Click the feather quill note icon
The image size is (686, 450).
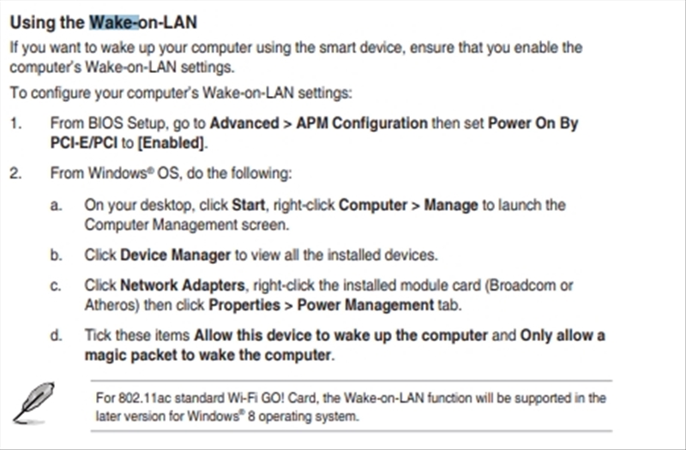[x=33, y=403]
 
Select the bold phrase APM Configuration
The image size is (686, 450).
[x=362, y=123]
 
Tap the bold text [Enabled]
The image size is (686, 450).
[x=171, y=143]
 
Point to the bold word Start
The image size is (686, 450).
[x=248, y=205]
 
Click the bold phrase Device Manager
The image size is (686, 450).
[x=175, y=255]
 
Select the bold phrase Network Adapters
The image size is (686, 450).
[x=182, y=285]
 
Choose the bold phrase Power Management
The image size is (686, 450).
[x=365, y=305]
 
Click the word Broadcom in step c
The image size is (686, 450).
[x=521, y=285]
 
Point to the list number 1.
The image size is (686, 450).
[x=15, y=123]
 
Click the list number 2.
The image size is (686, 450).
[x=15, y=174]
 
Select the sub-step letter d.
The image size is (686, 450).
[x=56, y=335]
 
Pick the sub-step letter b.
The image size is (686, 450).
[x=56, y=255]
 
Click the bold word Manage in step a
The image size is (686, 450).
[x=451, y=206]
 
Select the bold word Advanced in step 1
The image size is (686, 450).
[x=244, y=123]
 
